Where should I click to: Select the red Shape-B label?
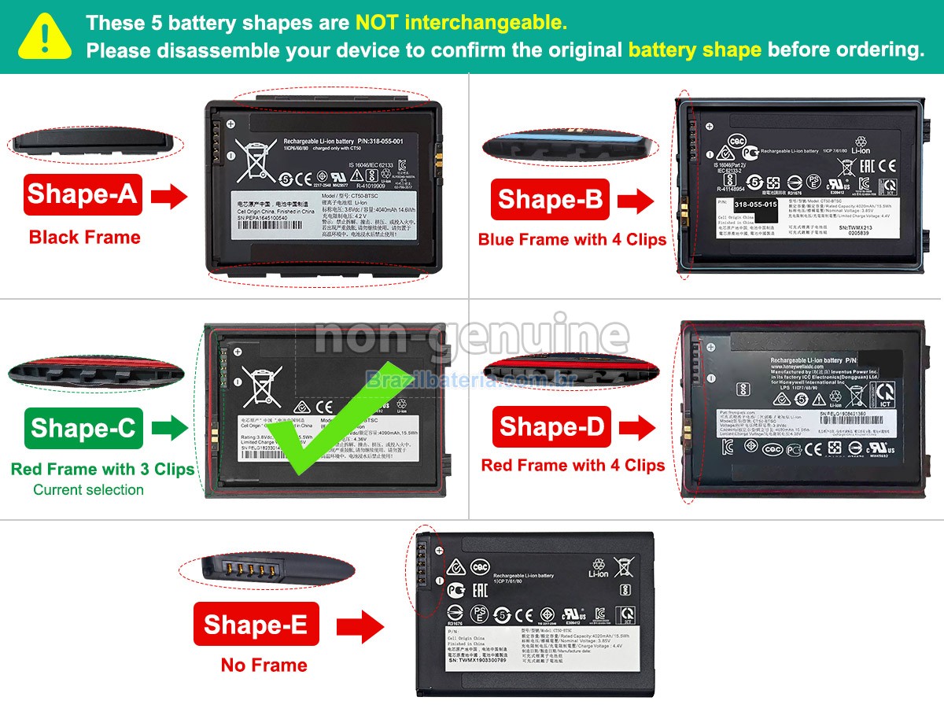549,200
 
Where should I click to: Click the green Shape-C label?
83,428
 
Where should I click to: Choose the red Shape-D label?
551,426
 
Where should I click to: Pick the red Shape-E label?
256,625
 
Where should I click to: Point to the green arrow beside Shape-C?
169,428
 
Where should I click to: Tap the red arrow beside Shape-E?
360,627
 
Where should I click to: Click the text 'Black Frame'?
85,238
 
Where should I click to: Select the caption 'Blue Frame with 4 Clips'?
572,240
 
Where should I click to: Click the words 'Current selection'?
88,490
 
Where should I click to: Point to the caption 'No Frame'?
264,666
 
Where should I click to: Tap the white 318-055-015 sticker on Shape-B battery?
747,205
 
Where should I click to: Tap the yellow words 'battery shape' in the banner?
694,50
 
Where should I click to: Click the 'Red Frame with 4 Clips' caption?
573,466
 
